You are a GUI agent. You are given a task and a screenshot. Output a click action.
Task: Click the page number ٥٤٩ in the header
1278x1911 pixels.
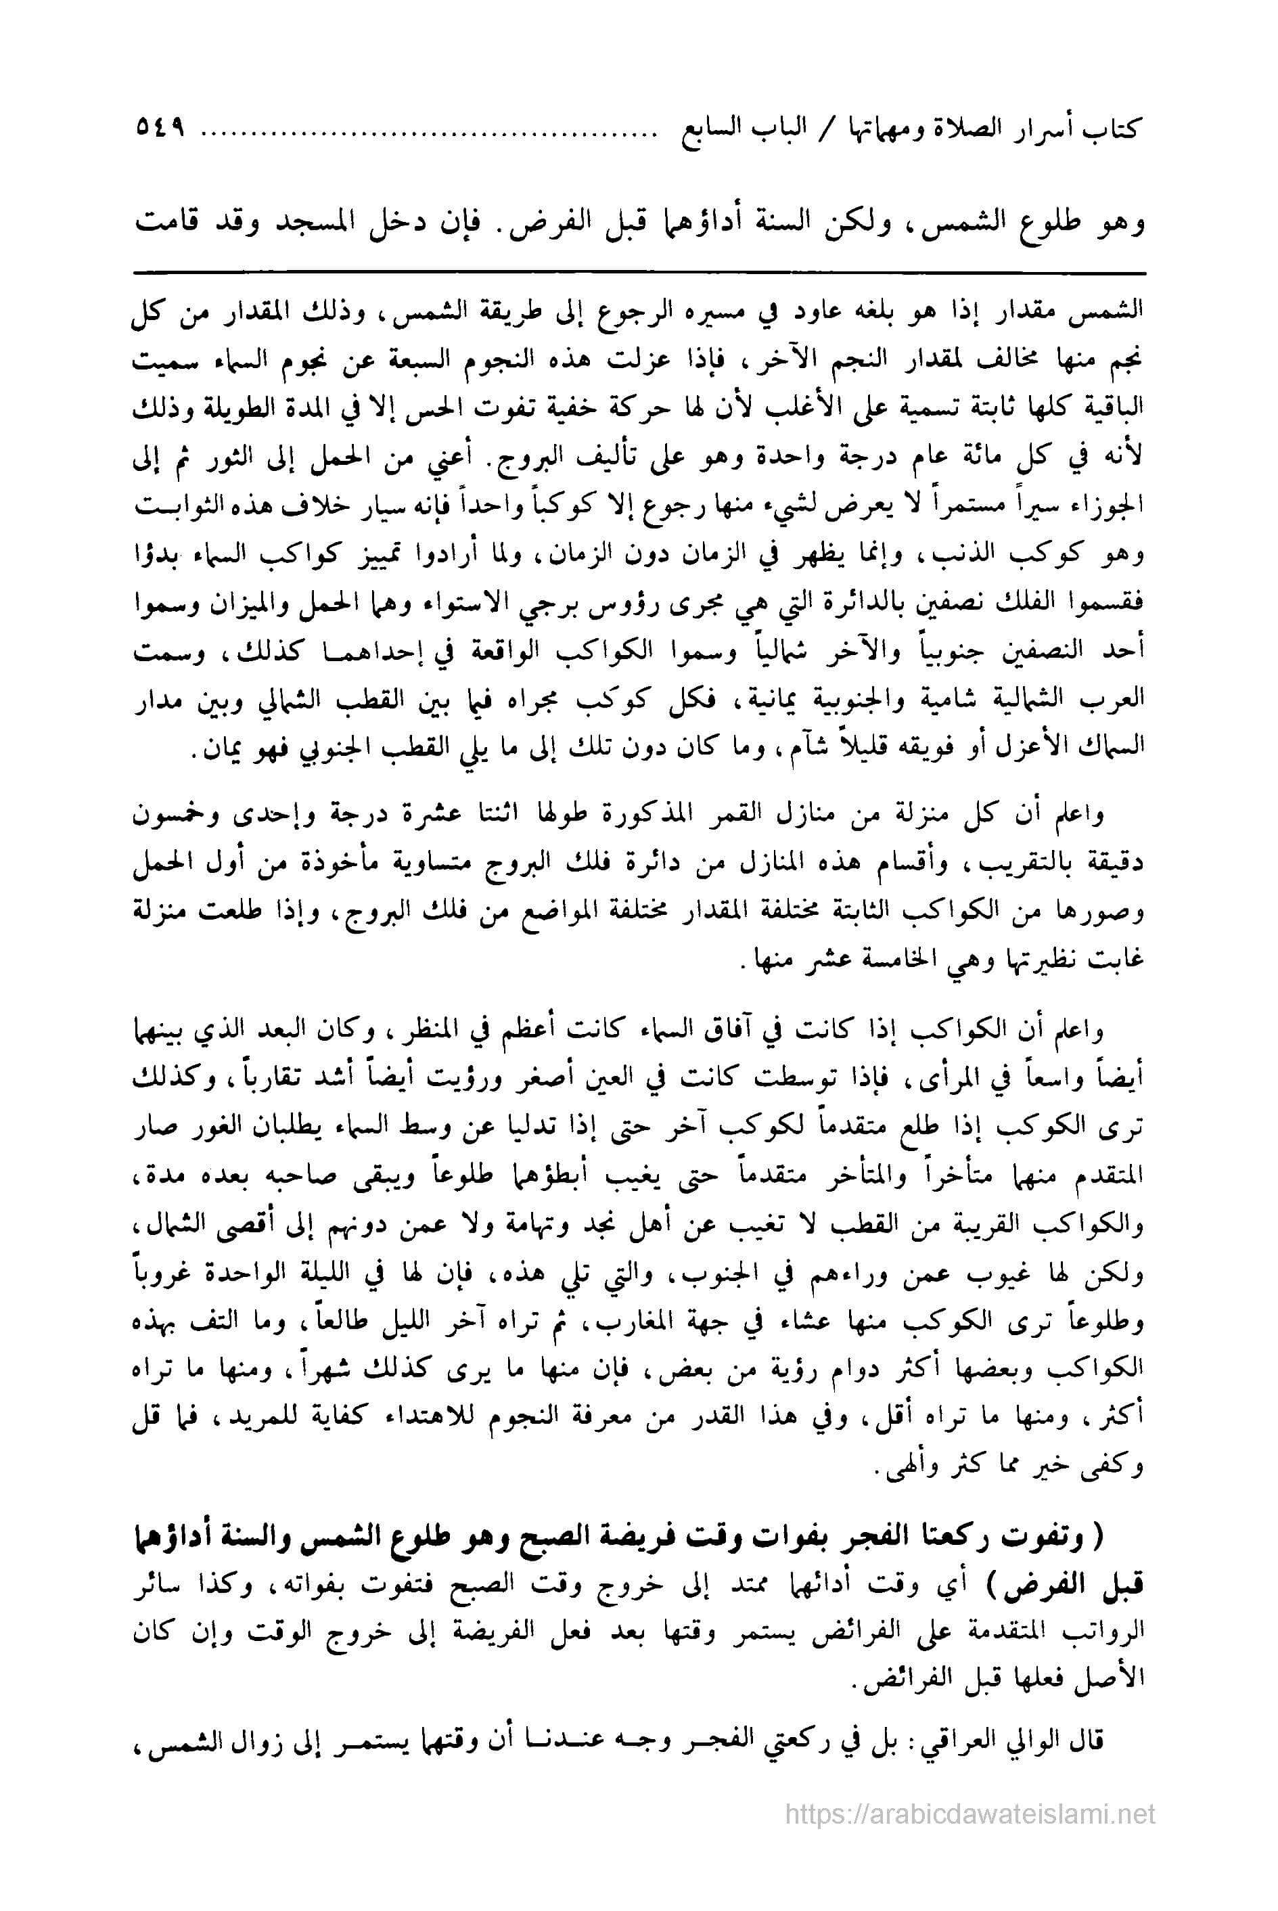(x=156, y=131)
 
